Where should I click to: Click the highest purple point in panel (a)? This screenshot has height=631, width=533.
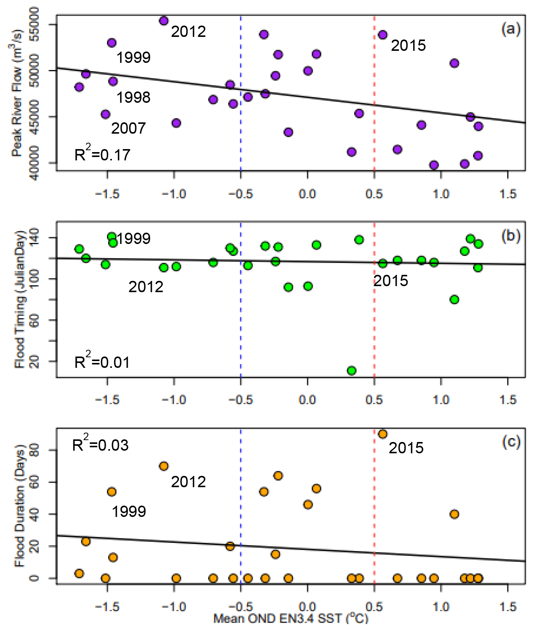(x=163, y=21)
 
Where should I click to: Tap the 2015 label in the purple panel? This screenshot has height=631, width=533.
(x=408, y=46)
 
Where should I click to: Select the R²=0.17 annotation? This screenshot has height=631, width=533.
(x=102, y=154)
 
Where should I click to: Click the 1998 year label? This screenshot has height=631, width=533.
(x=133, y=98)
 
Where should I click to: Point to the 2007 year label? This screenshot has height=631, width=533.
(x=128, y=128)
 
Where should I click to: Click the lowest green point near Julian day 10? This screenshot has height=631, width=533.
(x=351, y=370)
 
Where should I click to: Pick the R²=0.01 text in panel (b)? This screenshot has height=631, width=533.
(x=102, y=362)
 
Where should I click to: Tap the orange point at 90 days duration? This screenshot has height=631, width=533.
(x=383, y=434)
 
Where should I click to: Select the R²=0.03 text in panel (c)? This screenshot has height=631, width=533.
(x=100, y=445)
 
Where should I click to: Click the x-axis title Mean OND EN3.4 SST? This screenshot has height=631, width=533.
(x=290, y=618)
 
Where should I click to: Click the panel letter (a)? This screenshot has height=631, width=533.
(x=511, y=29)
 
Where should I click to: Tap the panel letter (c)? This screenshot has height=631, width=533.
(x=511, y=441)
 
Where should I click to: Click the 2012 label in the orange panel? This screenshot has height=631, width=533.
(x=188, y=482)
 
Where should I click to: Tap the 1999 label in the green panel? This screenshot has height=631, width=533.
(x=134, y=239)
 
